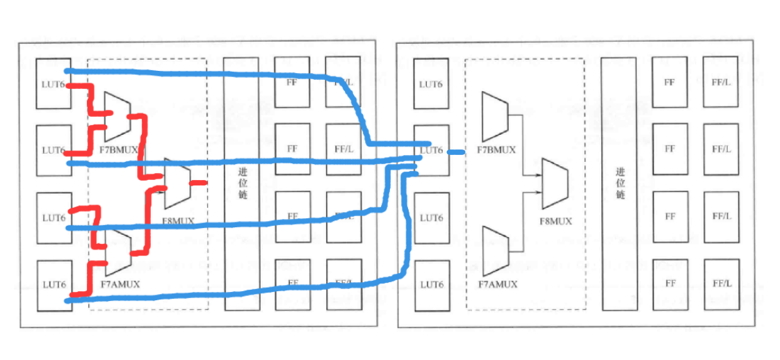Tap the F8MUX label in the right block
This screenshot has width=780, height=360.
556,222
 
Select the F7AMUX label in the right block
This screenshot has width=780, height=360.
498,284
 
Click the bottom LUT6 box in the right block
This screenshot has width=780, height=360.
431,285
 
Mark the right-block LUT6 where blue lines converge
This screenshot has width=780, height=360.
431,150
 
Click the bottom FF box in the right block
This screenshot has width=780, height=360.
669,284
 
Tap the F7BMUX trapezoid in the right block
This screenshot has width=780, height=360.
495,115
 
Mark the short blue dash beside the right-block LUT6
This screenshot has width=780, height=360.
455,152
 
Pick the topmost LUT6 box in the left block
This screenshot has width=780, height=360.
53,83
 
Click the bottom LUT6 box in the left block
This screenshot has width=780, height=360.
53,285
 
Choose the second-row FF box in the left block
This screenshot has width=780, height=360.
292,149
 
